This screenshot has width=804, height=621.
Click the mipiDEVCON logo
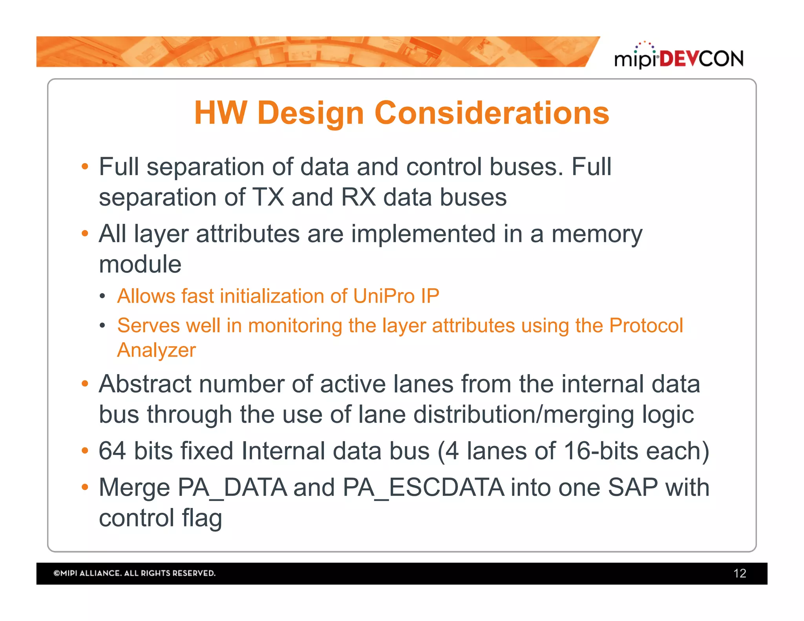coord(678,57)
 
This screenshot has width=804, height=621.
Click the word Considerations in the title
coord(492,113)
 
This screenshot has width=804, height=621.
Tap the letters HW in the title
coord(220,113)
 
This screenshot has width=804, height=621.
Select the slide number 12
coord(739,573)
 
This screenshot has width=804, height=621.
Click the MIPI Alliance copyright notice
coord(134,573)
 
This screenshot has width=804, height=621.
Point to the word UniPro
coord(384,296)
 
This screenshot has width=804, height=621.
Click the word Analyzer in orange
coord(156,350)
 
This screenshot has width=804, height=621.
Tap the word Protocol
coord(646,325)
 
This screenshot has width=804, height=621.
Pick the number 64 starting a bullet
coord(112,451)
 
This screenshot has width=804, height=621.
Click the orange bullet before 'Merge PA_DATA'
coord(85,487)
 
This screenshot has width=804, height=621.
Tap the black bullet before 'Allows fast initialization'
coord(102,296)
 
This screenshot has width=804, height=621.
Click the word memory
coord(597,235)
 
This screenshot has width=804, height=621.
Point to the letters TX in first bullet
coord(268,197)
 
